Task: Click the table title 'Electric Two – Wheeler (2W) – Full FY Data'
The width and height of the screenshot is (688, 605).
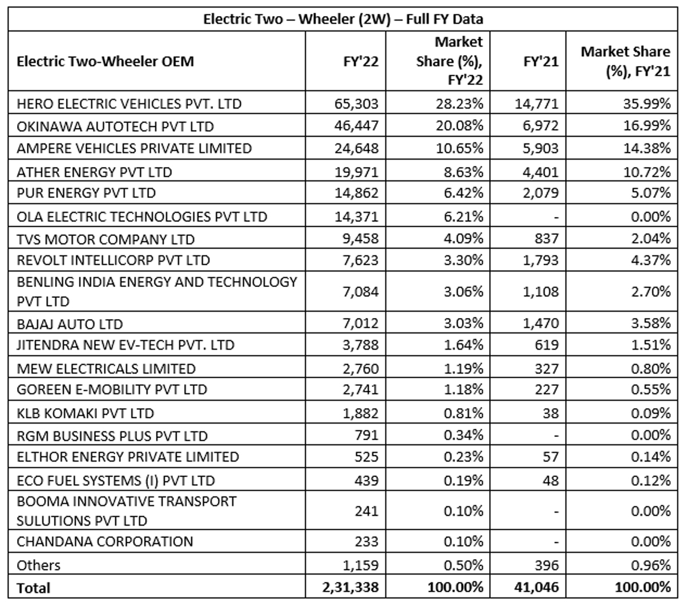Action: (x=343, y=19)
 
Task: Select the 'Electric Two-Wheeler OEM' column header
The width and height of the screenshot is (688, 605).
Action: (x=105, y=61)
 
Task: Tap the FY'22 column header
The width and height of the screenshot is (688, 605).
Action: (x=361, y=61)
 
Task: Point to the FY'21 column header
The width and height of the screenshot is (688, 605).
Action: (x=541, y=61)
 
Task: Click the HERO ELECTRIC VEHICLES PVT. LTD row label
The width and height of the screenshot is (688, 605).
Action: (x=129, y=104)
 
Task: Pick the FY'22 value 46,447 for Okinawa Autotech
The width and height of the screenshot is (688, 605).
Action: (x=356, y=126)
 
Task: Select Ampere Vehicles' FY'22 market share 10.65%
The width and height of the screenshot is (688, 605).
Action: (x=459, y=148)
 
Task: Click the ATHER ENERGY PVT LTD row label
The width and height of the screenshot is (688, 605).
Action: (x=95, y=172)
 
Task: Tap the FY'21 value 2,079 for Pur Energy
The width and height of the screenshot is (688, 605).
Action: (x=541, y=193)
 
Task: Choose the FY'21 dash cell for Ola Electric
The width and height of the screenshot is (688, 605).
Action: (x=556, y=217)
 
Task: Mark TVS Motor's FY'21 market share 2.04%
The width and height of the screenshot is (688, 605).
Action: (x=651, y=238)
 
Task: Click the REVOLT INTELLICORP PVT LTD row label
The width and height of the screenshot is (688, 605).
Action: (x=114, y=260)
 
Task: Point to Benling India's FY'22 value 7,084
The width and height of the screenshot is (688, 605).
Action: (x=360, y=292)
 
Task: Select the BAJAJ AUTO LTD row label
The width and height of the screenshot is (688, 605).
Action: (x=69, y=324)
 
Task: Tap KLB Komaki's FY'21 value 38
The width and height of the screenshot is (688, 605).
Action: (x=550, y=413)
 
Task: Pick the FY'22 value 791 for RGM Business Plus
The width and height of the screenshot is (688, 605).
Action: (x=366, y=435)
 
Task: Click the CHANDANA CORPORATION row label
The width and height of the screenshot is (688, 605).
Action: (x=105, y=541)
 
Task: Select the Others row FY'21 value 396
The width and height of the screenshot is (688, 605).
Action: (x=546, y=565)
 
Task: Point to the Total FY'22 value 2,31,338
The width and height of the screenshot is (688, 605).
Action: (x=350, y=587)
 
